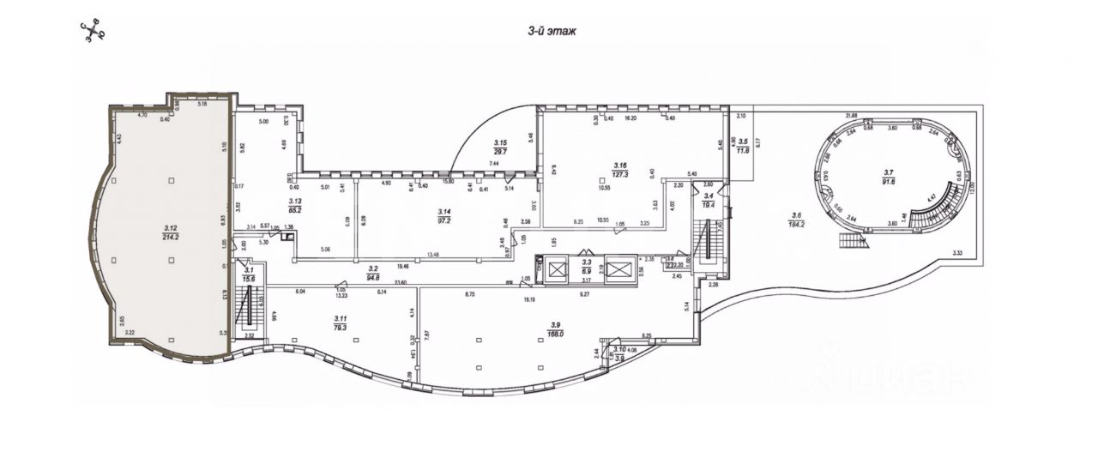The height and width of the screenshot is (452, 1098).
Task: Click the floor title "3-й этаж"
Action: [552, 31]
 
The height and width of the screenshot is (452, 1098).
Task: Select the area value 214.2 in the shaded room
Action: [171, 237]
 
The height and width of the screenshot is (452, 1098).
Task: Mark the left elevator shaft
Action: [557, 271]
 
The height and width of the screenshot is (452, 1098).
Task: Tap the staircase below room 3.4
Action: [709, 244]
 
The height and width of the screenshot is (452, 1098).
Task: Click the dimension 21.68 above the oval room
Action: [852, 115]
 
